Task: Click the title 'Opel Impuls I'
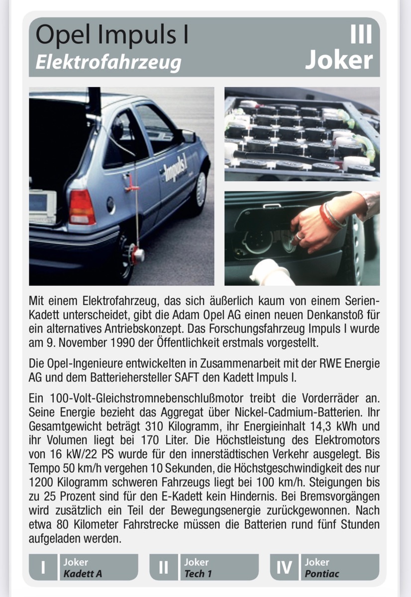coord(112,36)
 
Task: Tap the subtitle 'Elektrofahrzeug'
coord(108,63)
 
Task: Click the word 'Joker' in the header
coord(338,60)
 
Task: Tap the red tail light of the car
coord(82,207)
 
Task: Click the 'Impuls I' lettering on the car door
coord(176,168)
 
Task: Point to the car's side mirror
coord(188,135)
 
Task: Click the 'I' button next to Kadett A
coord(43,567)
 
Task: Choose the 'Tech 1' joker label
coord(199,573)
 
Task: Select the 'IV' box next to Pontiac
coord(284,567)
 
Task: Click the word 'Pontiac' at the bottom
coord(322,573)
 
